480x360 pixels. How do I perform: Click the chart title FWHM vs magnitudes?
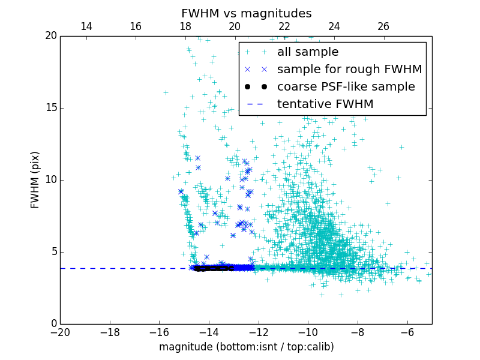coord(246,13)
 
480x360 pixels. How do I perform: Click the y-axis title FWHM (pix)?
coord(35,180)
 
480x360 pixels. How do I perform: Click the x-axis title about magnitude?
coord(246,347)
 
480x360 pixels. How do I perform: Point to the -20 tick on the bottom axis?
coord(60,332)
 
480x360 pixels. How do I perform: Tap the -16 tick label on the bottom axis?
coord(159,332)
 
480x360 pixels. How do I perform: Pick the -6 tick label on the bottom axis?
coord(407,332)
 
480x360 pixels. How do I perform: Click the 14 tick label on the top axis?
coord(86,26)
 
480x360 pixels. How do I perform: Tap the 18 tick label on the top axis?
coord(185,26)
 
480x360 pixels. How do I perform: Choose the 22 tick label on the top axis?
coord(284,26)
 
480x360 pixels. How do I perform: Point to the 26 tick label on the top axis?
coord(383,26)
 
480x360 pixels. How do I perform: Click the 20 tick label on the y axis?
coord(50,36)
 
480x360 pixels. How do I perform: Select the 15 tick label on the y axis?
coord(50,108)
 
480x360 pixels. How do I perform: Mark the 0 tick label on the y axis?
coord(53,324)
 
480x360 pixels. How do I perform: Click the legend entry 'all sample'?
coord(307,52)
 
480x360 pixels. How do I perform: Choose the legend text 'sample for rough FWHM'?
coord(349,70)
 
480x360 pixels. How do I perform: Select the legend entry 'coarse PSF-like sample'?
coord(346,87)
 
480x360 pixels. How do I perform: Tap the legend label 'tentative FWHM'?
coord(325,104)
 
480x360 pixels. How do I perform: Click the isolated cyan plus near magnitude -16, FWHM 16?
coord(166,92)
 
